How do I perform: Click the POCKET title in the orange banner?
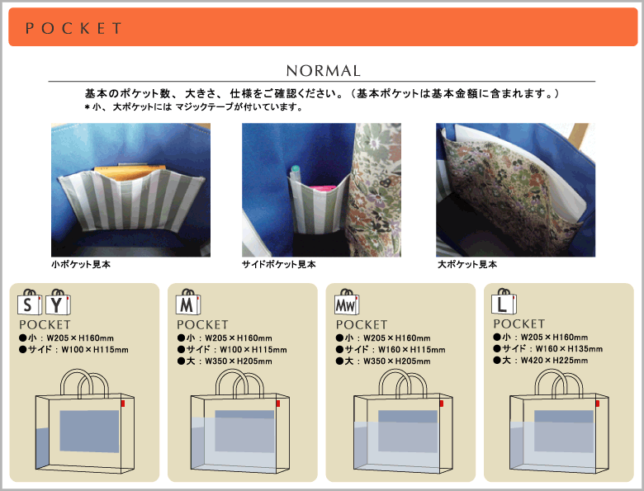pos(73,28)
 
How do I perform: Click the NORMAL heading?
pos(323,71)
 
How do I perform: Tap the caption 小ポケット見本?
pos(81,264)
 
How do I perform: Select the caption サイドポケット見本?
pos(279,264)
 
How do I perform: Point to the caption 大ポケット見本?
pos(467,264)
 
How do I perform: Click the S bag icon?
pos(29,302)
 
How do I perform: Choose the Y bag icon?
pos(58,302)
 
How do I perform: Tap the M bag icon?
pos(188,302)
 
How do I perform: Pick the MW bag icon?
pos(347,302)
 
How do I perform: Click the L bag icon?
pos(504,301)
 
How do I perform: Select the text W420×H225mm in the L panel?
pos(555,361)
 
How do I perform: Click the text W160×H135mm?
pos(569,349)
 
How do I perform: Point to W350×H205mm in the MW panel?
pos(397,361)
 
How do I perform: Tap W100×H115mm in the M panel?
pos(253,350)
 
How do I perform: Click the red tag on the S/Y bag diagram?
pos(123,404)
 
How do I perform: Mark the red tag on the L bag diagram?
pos(597,404)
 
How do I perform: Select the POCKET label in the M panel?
pos(202,325)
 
